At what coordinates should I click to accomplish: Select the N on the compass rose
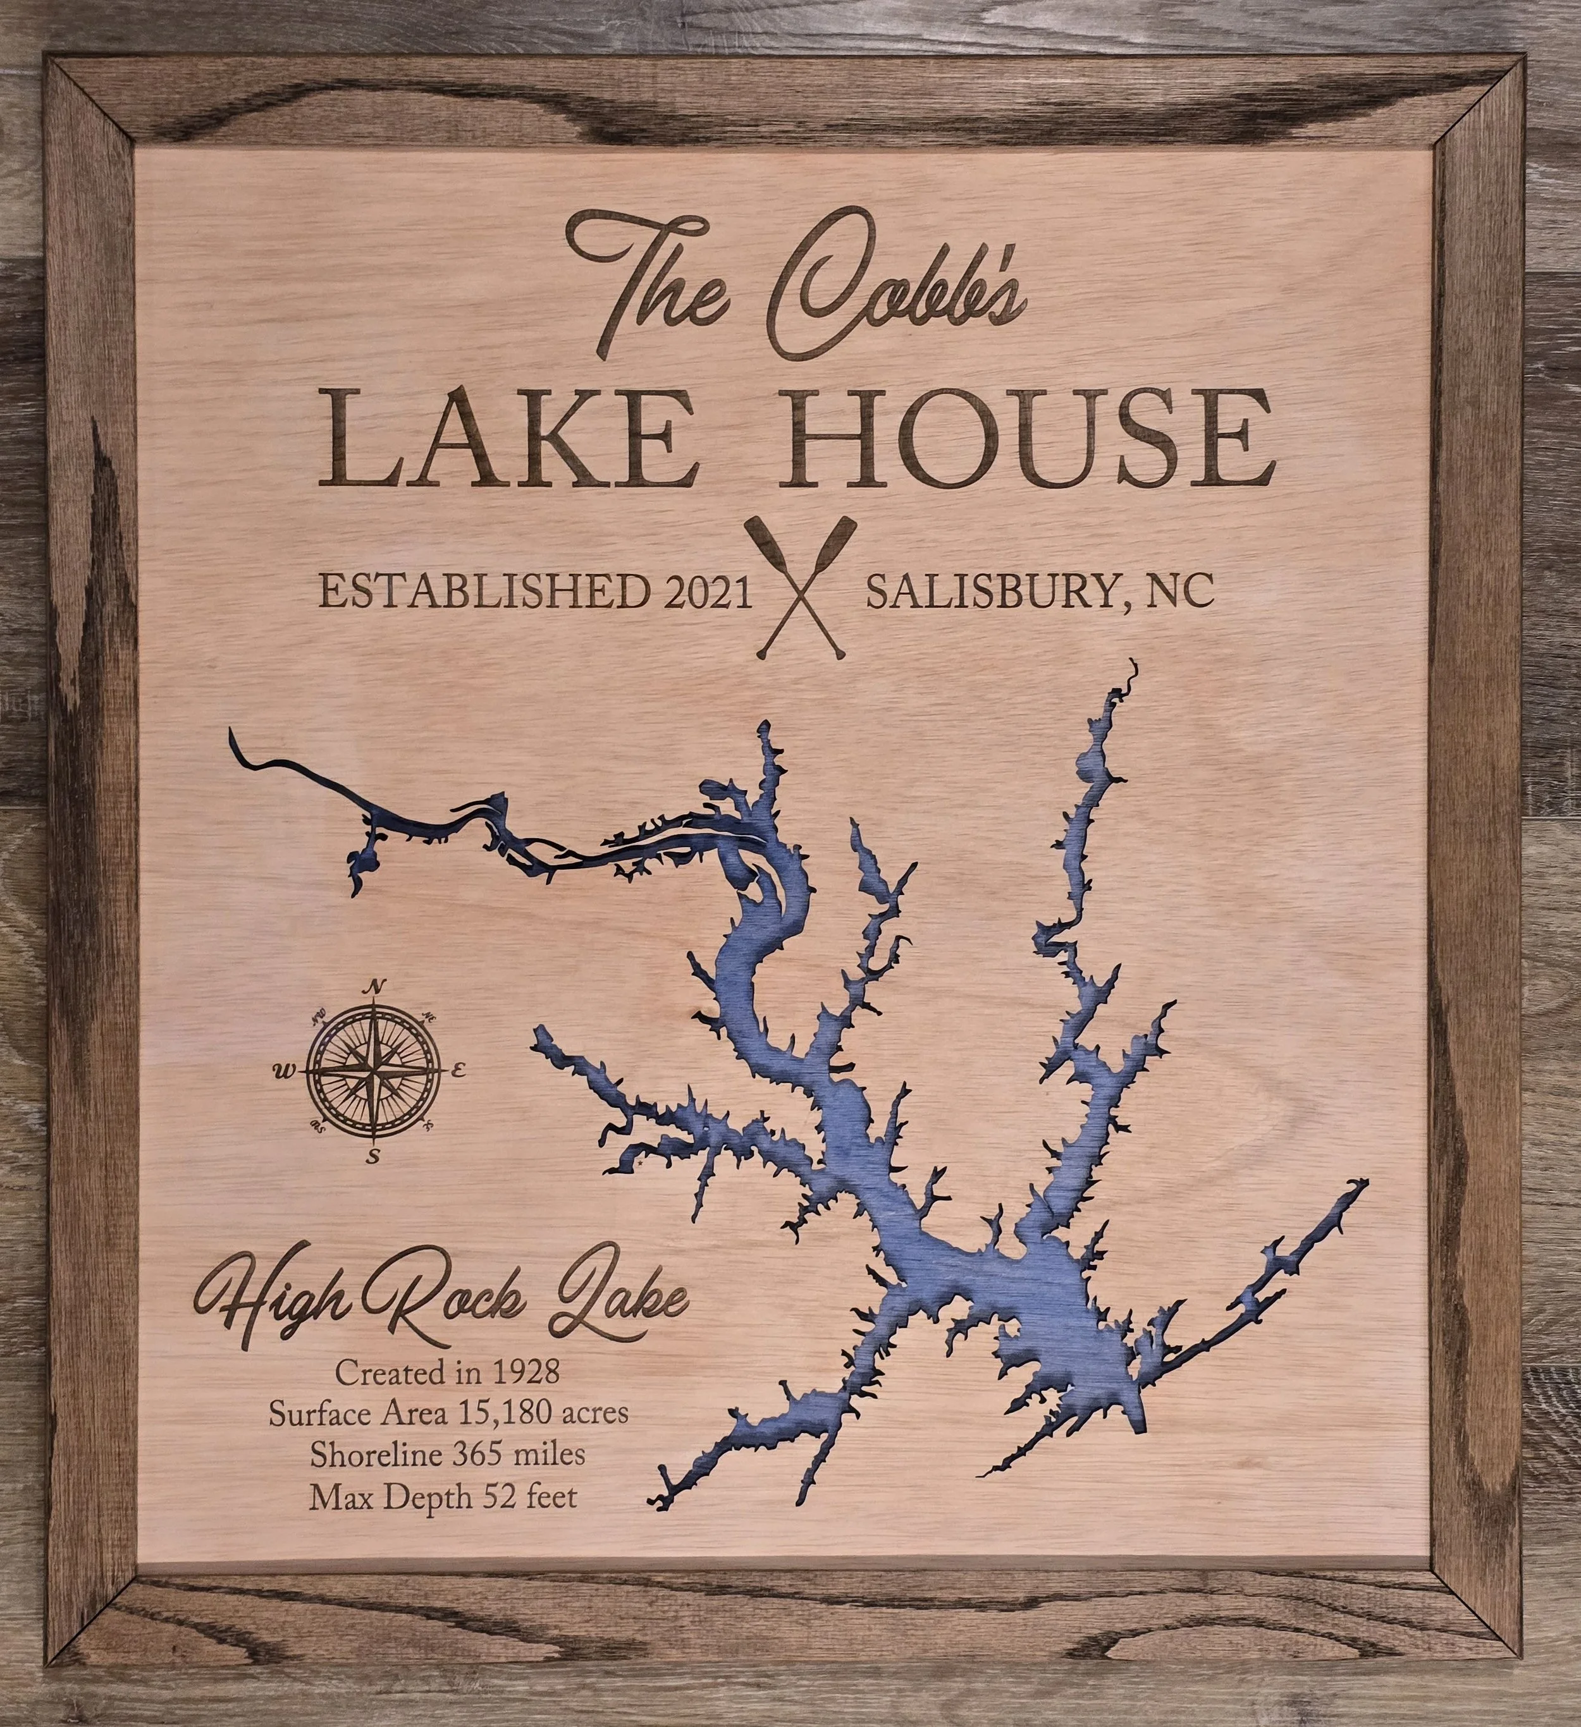coord(374,987)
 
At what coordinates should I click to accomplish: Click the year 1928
coord(526,1373)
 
